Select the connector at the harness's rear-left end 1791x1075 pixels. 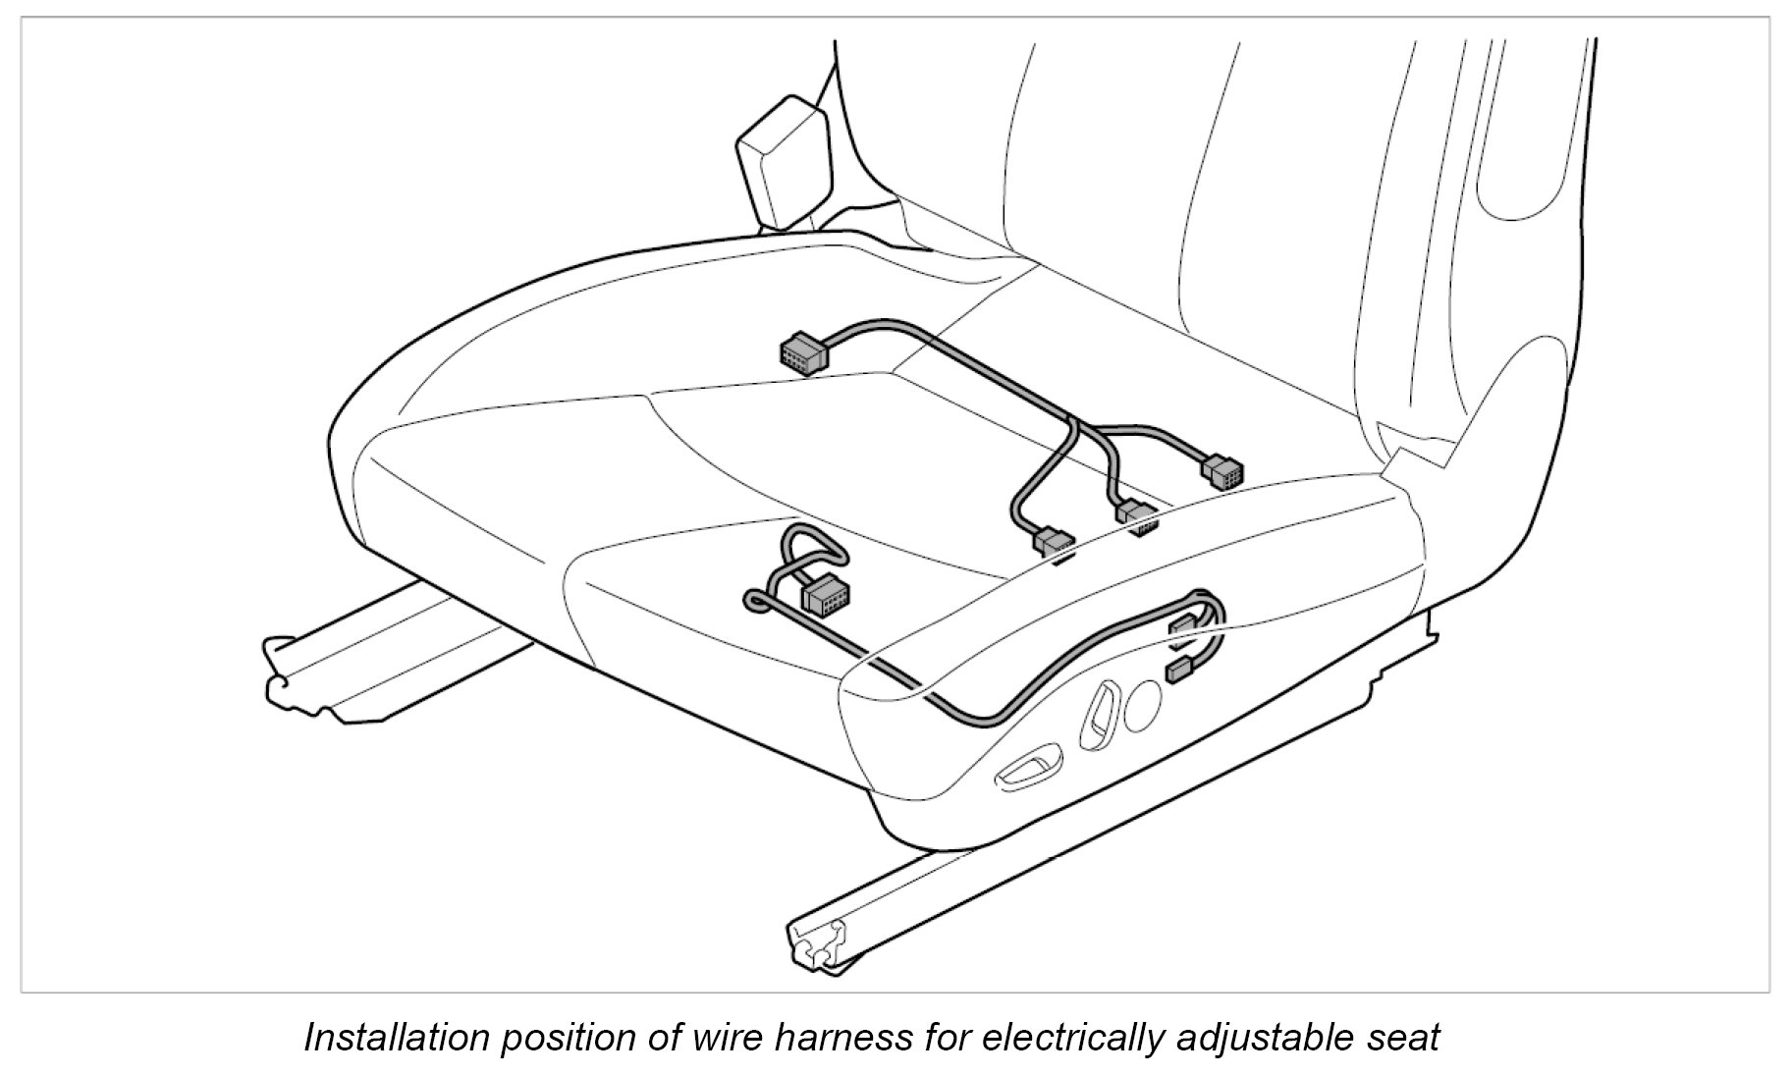[803, 354]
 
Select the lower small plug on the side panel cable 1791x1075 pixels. [1176, 672]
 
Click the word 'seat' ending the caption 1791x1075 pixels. [1406, 1038]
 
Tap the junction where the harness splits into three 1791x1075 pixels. [1077, 425]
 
